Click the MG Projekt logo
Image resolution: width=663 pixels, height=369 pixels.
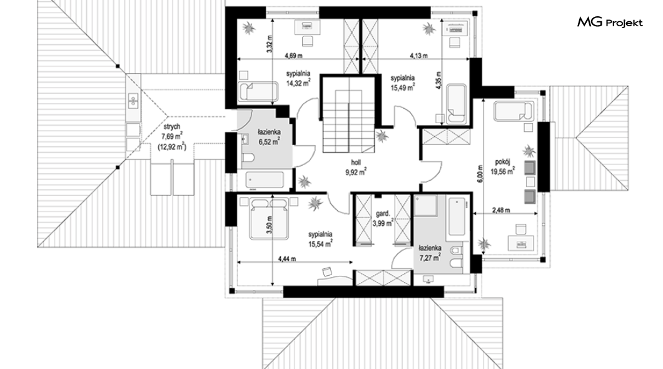point(610,23)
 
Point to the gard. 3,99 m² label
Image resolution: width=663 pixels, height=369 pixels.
point(383,218)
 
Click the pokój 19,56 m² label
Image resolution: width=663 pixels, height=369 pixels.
point(503,166)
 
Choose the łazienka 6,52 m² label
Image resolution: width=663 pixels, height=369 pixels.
point(270,138)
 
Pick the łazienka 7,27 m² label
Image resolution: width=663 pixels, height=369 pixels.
point(430,252)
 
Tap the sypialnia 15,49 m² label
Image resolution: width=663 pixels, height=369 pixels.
point(402,82)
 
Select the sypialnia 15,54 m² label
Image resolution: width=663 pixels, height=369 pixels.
point(320,238)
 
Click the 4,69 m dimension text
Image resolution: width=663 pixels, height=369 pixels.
point(293,56)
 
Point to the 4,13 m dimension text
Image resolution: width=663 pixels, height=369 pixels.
point(418,56)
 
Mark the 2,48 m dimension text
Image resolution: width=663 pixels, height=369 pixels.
point(501,210)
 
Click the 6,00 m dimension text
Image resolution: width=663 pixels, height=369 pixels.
point(480,173)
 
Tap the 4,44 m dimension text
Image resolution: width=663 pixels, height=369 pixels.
point(286,259)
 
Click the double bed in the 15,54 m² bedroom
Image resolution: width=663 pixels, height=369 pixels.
point(269,218)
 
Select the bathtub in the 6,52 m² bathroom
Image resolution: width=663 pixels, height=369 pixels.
point(265,179)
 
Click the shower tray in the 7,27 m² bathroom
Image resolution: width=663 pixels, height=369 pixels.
point(426,205)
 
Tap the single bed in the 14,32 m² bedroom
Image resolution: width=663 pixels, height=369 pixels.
point(258,92)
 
